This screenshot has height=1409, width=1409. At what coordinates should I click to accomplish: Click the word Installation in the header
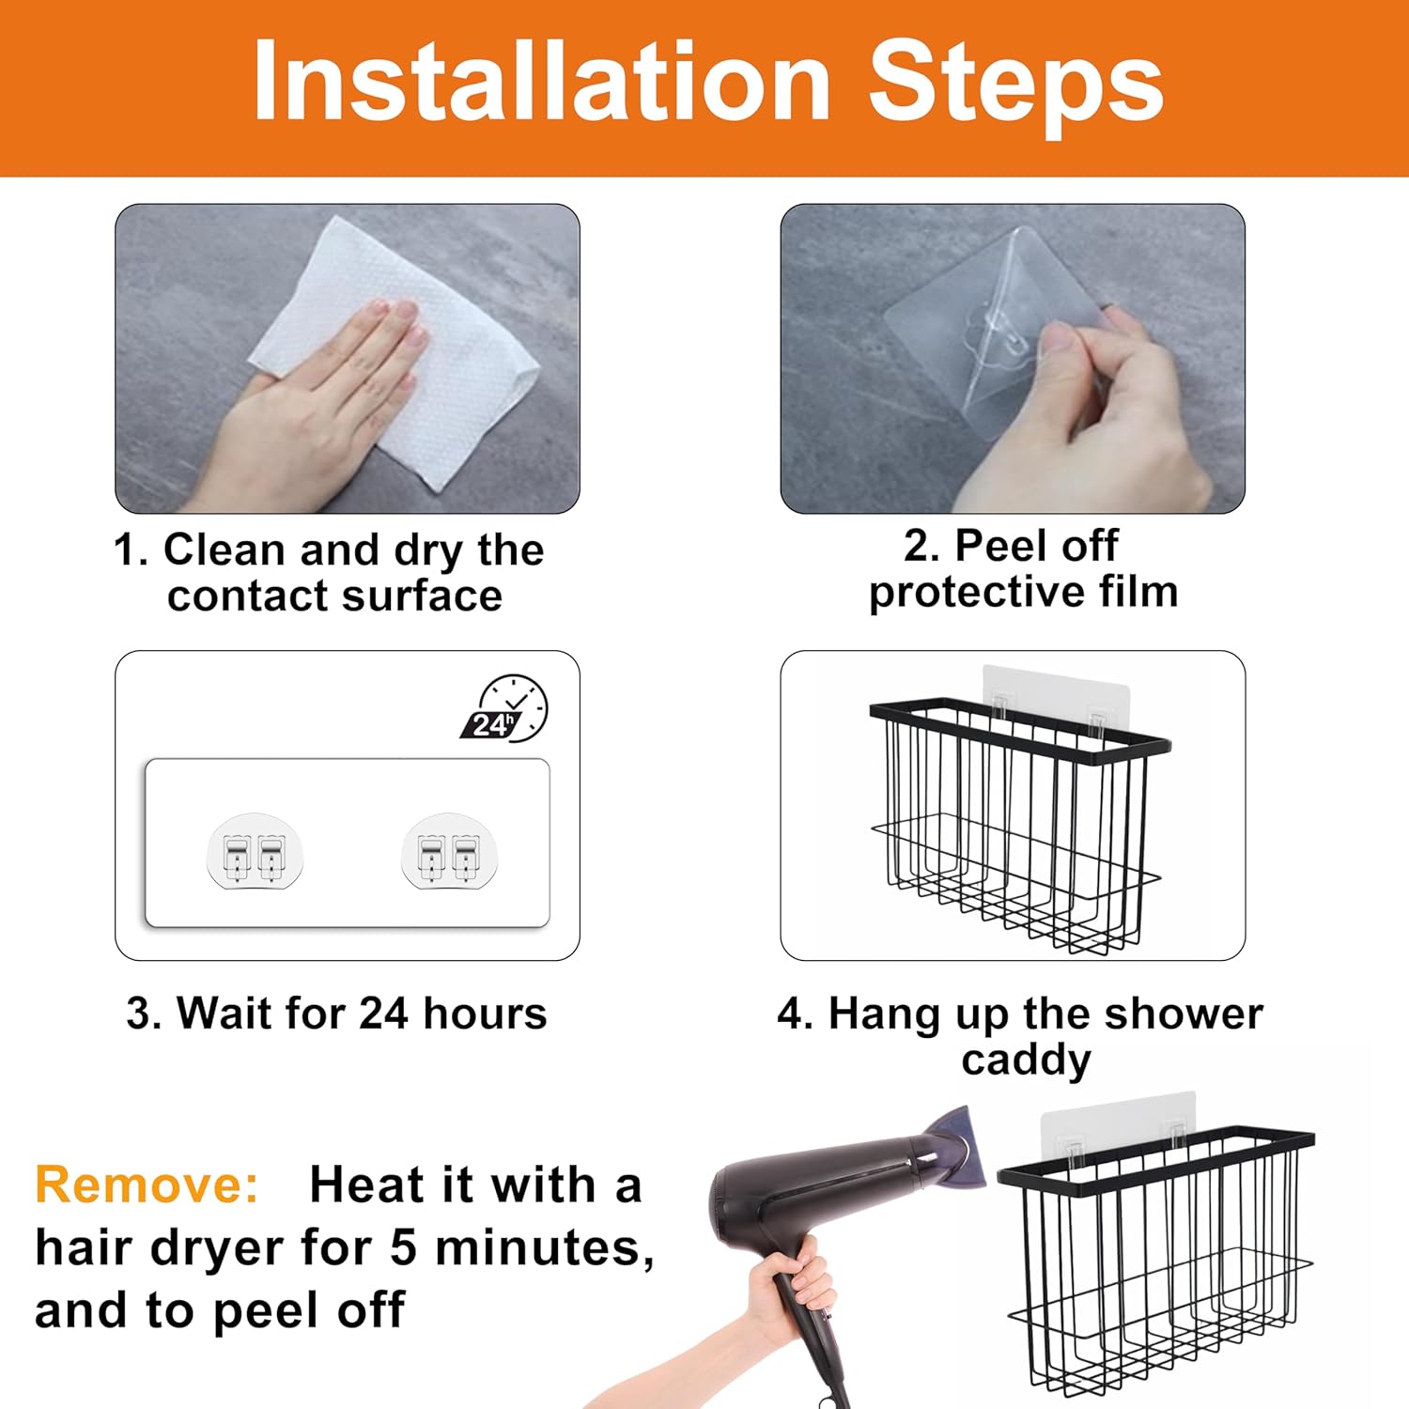click(542, 82)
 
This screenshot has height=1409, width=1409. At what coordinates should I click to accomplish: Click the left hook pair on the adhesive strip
click(255, 851)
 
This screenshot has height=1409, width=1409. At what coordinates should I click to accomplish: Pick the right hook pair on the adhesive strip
click(449, 851)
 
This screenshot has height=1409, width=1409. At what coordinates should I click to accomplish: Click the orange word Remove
click(147, 1184)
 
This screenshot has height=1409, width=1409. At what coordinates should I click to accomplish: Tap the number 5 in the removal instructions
click(403, 1247)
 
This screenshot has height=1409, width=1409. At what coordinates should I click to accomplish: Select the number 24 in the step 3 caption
click(384, 1014)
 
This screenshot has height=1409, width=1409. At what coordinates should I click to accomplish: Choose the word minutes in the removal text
click(545, 1249)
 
